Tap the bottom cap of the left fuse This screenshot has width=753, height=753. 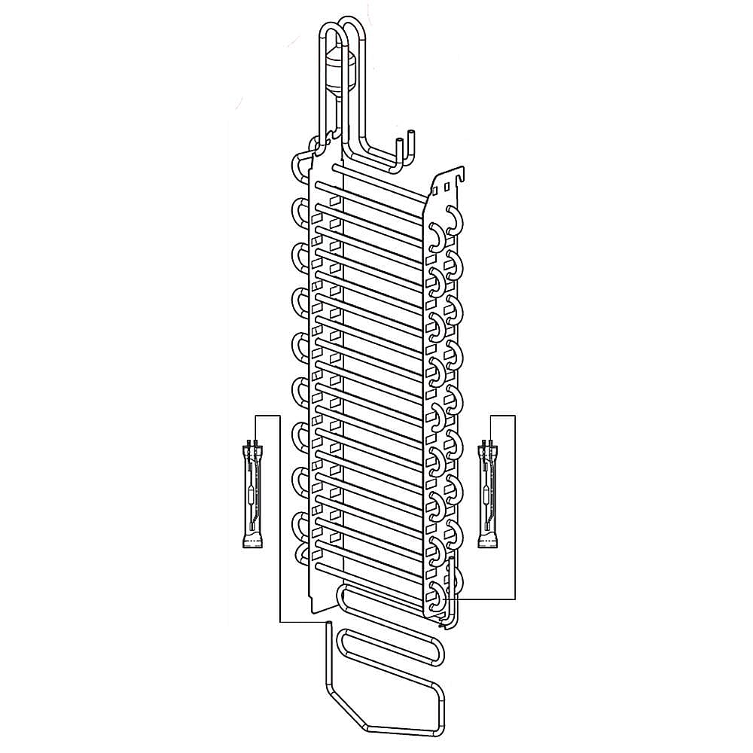tap(250, 541)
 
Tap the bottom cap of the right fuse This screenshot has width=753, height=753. tap(489, 541)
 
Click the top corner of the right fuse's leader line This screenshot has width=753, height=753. tap(515, 415)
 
